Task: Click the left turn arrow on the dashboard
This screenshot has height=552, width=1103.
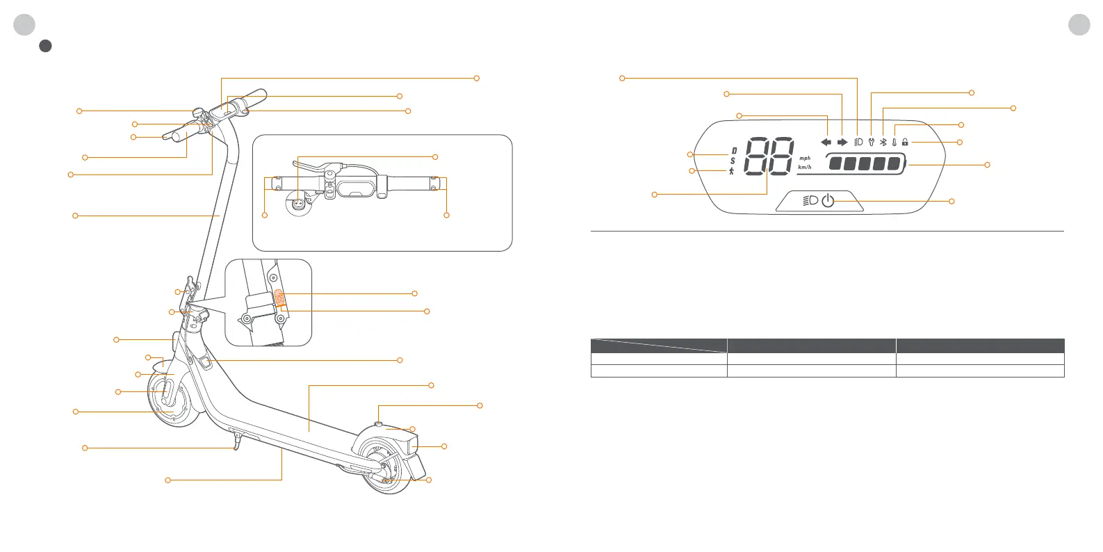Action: [x=826, y=142]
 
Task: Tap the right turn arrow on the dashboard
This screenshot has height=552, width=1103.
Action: [x=842, y=142]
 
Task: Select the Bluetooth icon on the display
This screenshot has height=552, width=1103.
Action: [x=883, y=142]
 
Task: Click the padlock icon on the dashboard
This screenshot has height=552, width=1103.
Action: [x=905, y=142]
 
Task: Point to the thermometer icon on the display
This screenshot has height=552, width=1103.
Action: [x=894, y=142]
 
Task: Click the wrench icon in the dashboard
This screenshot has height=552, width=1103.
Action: [x=871, y=142]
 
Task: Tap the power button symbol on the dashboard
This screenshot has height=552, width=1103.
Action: [x=828, y=201]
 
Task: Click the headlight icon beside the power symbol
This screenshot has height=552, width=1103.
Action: [x=810, y=201]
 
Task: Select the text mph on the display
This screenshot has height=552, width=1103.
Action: [x=805, y=158]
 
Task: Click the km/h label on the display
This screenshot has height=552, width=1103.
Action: [x=805, y=167]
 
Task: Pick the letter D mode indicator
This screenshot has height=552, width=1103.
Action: [x=734, y=151]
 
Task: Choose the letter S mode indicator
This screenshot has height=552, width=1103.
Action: [x=733, y=161]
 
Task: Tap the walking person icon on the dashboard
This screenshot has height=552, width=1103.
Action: [x=732, y=171]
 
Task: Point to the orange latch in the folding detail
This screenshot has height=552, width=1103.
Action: [x=279, y=298]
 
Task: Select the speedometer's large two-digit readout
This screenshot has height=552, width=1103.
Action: [x=769, y=156]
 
